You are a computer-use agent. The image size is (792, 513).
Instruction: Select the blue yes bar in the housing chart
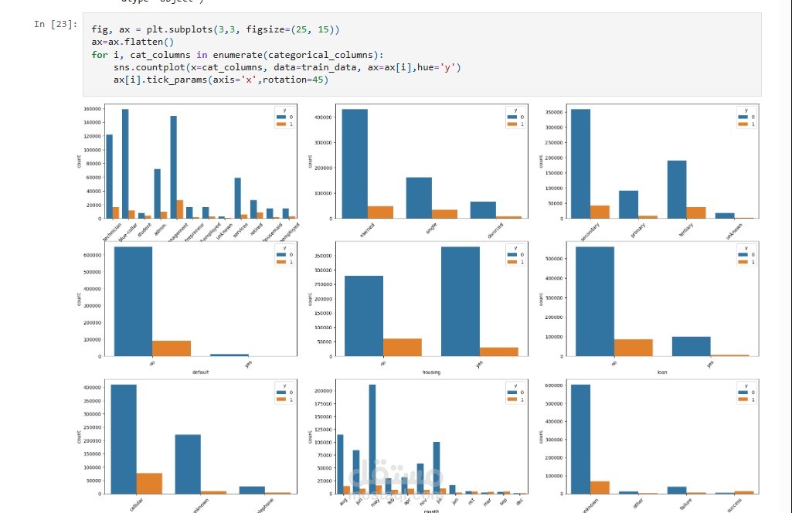click(461, 301)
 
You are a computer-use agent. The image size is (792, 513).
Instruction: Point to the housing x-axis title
click(431, 372)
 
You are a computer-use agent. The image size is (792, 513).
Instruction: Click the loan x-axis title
click(662, 372)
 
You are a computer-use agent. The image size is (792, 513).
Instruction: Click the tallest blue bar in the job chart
click(125, 164)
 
